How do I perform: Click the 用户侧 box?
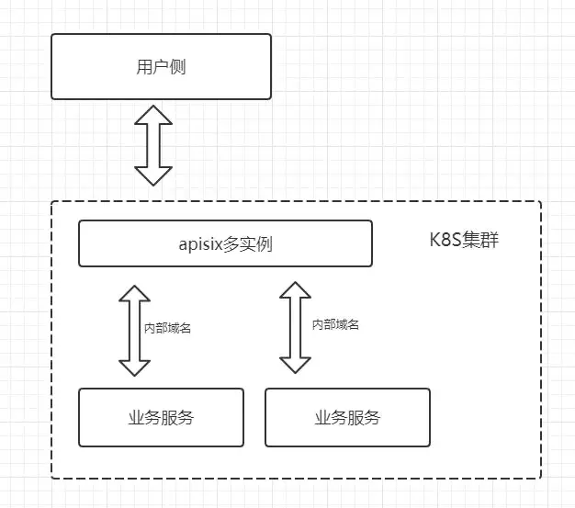pos(161,66)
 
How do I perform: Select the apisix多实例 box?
pos(225,243)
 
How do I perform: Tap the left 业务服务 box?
pos(161,417)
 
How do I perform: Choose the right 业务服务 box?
pos(347,417)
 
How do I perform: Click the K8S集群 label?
pos(464,242)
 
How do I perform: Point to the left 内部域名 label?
pos(167,326)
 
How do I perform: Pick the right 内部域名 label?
pos(335,324)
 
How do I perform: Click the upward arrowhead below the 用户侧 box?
pos(153,117)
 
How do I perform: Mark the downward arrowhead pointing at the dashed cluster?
pos(153,175)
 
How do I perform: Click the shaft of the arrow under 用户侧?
pos(153,145)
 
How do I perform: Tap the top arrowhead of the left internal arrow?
pos(135,296)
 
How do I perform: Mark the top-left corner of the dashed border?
pos(52,202)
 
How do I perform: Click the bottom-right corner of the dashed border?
pos(540,478)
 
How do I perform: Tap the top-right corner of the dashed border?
pos(540,202)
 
